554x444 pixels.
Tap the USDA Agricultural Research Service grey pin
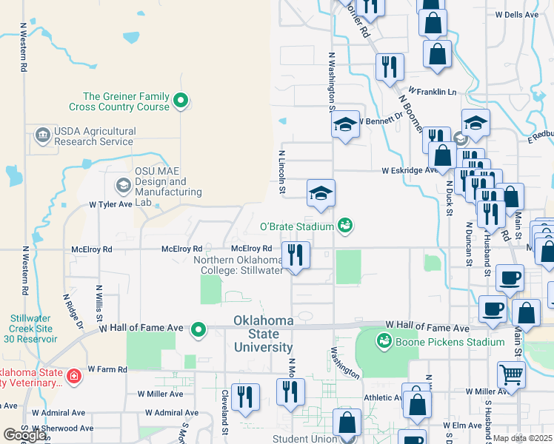(x=42, y=135)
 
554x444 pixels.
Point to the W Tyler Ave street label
(x=110, y=204)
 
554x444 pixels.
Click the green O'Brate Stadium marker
(x=344, y=224)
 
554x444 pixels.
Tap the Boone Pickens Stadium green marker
(x=384, y=341)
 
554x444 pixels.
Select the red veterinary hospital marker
(x=73, y=377)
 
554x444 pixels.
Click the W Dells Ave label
(x=517, y=14)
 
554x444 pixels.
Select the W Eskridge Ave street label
(x=410, y=170)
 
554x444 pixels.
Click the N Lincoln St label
(x=282, y=172)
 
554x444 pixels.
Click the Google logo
(x=24, y=435)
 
